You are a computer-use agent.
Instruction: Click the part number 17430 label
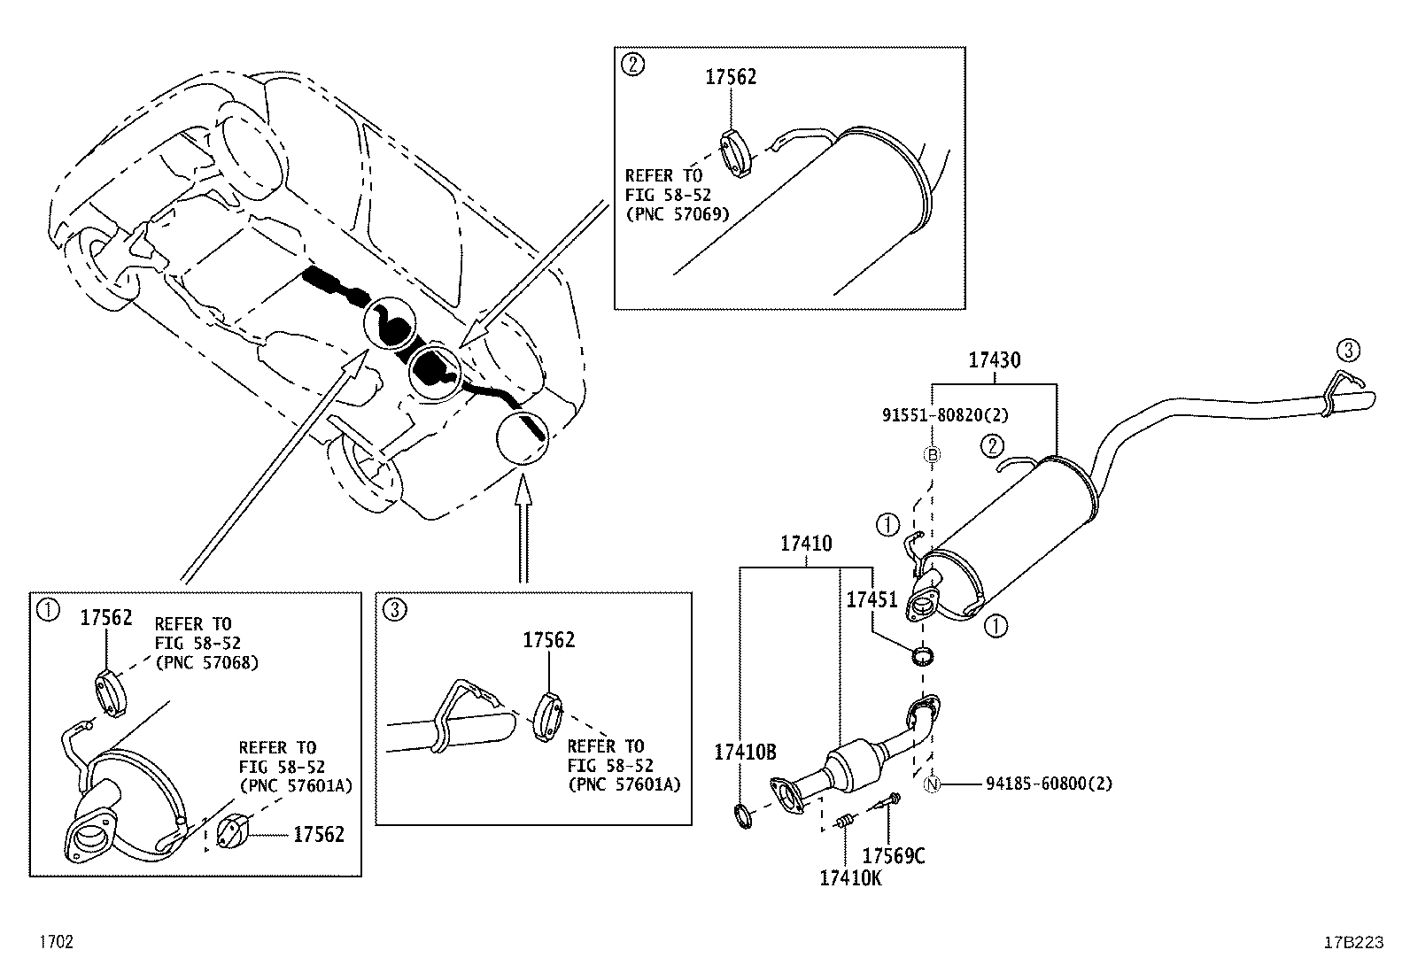(x=994, y=360)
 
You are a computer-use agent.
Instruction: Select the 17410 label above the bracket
(x=806, y=544)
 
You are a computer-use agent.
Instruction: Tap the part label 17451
(x=872, y=599)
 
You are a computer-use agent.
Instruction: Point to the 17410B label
(x=745, y=753)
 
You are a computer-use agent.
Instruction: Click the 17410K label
(x=850, y=877)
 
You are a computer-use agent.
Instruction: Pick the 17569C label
(x=894, y=855)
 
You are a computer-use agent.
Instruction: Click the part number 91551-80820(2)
(x=945, y=414)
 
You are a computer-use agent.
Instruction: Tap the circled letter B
(x=932, y=455)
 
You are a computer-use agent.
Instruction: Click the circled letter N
(x=932, y=784)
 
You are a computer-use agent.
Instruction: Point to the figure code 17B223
(x=1352, y=943)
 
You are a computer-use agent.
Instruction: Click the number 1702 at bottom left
(x=55, y=942)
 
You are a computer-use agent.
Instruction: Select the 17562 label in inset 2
(x=731, y=77)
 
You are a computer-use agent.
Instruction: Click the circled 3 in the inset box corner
(x=396, y=609)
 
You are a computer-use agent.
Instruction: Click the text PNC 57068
(x=206, y=662)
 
